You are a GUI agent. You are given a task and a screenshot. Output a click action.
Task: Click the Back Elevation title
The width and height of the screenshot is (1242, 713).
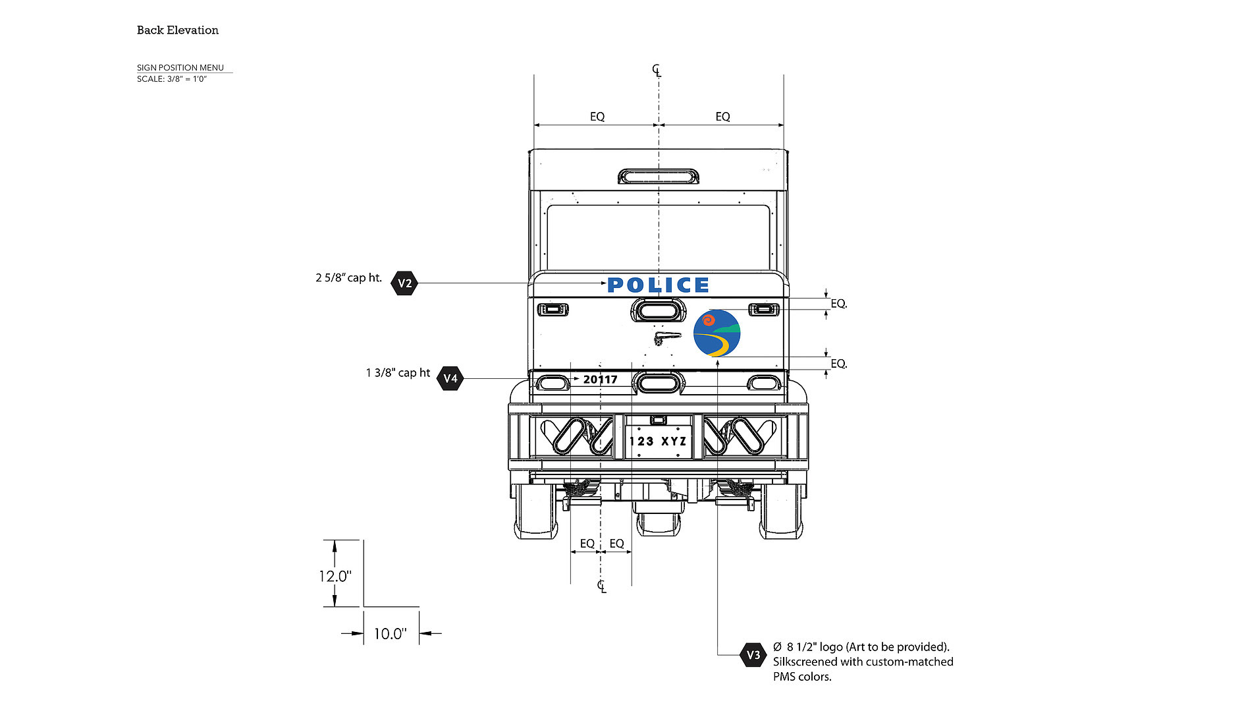pos(177,30)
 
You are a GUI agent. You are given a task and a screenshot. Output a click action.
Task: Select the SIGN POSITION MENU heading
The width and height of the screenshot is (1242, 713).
pos(180,67)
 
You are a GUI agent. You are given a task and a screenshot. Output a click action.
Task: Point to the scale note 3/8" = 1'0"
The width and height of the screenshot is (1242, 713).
pos(172,79)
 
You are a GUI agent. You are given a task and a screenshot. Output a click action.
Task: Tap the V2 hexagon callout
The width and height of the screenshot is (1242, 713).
pos(404,283)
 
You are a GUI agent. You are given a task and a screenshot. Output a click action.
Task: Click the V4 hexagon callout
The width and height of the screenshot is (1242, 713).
pos(450,378)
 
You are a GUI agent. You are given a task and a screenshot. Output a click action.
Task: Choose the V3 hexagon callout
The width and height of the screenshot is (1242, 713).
pos(753,654)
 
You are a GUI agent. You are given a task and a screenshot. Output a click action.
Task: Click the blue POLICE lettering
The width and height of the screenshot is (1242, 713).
pos(658,285)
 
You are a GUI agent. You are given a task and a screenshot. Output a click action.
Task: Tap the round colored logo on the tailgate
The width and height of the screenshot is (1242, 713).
pos(716,333)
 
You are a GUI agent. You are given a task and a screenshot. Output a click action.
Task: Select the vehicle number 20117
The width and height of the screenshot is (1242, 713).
pos(600,380)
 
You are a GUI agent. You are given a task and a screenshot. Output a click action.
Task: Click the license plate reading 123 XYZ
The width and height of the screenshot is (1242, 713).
pos(658,441)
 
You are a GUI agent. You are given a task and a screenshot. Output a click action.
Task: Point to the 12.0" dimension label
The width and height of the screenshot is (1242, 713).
pos(335,576)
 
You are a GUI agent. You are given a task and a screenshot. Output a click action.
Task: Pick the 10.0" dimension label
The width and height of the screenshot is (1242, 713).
pos(390,634)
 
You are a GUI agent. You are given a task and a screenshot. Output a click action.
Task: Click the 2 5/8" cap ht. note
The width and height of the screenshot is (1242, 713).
pos(348,277)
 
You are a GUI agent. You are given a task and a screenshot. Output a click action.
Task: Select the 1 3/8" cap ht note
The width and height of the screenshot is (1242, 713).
pos(398,373)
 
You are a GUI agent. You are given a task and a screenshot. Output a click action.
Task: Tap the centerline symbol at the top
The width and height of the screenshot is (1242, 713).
pos(657,70)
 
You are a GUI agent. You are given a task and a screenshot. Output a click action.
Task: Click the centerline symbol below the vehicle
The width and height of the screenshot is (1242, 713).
pos(601,586)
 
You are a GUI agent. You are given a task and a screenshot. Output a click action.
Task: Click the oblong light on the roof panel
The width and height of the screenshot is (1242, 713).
pos(658,177)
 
